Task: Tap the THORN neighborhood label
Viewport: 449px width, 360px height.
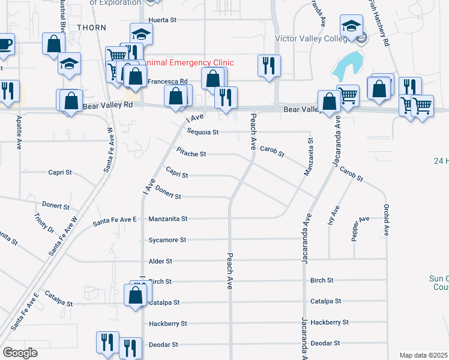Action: click(91, 28)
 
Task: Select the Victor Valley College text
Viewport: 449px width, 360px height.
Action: click(310, 39)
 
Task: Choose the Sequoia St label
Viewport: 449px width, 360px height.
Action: click(202, 132)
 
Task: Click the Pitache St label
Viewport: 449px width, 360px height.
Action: click(191, 154)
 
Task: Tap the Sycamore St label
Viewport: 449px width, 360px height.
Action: click(167, 240)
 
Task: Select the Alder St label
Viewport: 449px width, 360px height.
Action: click(160, 262)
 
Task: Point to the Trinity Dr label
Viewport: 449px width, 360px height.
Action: click(44, 224)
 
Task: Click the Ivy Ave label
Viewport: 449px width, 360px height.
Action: click(334, 214)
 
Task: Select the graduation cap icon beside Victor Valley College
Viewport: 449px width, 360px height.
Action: click(350, 25)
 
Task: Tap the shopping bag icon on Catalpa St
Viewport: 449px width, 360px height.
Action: click(135, 294)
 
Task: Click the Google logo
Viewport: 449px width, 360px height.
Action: click(20, 353)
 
